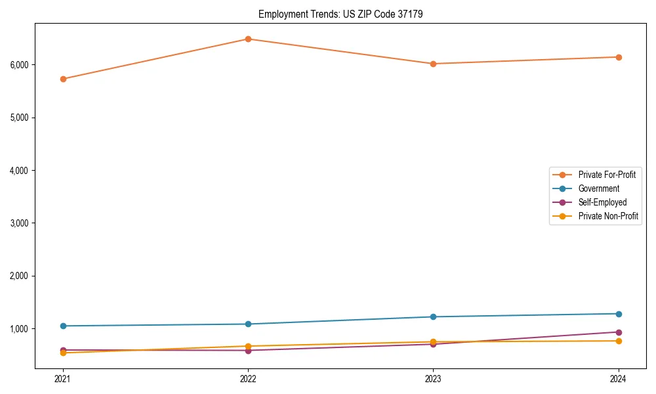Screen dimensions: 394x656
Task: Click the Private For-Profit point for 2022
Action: click(x=248, y=39)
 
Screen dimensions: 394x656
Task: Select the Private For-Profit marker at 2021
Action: click(x=63, y=79)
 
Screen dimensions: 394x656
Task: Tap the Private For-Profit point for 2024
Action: click(x=619, y=57)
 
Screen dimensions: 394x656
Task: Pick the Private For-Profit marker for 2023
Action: click(x=433, y=64)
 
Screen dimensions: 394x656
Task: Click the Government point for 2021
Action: click(x=63, y=326)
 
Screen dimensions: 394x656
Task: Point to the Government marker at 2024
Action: click(x=619, y=314)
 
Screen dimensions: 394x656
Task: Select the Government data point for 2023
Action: click(x=433, y=317)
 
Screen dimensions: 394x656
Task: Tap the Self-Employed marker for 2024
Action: click(x=619, y=332)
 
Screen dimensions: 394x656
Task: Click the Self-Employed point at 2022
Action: click(x=248, y=351)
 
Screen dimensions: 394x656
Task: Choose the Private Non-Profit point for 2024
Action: click(x=619, y=341)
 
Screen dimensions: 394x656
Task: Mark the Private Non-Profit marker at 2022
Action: click(x=248, y=346)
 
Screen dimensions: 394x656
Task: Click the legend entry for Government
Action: click(x=598, y=188)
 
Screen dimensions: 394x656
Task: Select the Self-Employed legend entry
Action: click(x=602, y=202)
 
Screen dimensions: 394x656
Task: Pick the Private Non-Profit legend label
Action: click(x=608, y=216)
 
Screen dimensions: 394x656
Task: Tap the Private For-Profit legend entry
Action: click(x=607, y=175)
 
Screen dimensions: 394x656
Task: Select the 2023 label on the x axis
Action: click(x=433, y=378)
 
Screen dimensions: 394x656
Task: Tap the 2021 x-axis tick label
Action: click(x=63, y=378)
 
